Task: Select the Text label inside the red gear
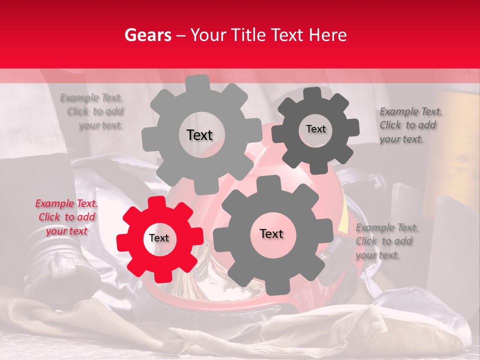tap(159, 238)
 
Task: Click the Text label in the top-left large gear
tap(199, 135)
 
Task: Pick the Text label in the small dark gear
tap(315, 129)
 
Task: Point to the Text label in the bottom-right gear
tap(271, 233)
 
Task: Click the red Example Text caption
tap(66, 217)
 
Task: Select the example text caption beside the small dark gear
tap(408, 125)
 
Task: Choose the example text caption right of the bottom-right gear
tap(386, 241)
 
